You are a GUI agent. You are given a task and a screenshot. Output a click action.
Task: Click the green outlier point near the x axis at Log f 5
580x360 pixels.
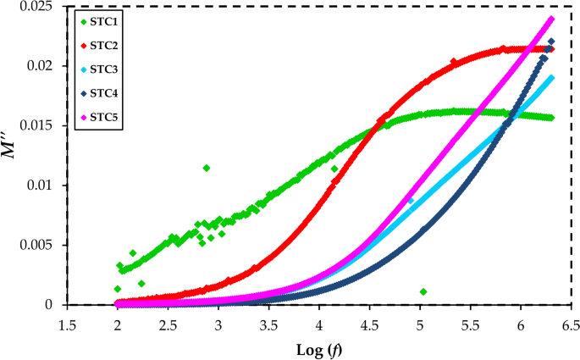423,292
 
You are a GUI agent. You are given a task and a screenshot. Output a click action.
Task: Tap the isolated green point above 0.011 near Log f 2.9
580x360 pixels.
207,168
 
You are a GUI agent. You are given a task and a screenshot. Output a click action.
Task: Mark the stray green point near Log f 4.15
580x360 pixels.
334,169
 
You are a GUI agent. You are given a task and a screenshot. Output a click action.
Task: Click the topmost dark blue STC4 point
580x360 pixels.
551,42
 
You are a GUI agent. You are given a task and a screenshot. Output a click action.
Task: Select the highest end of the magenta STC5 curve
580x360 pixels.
551,19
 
